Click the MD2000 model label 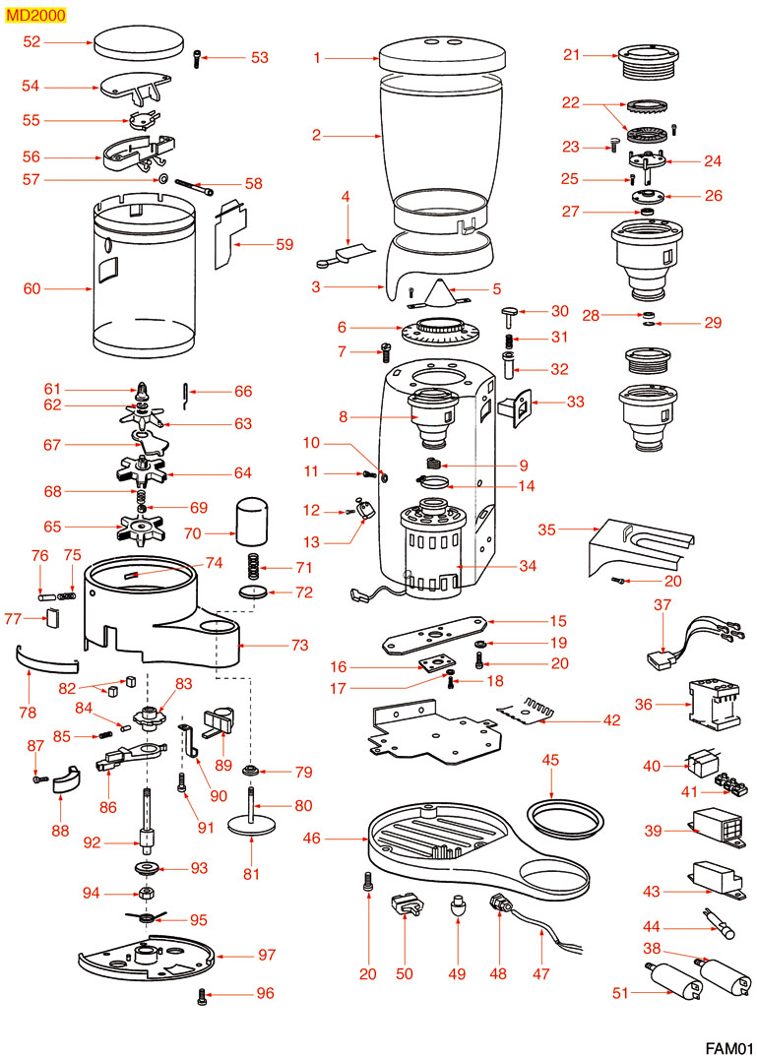tap(32, 14)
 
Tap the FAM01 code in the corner tap(728, 1046)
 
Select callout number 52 tap(32, 42)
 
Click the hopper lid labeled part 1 tap(434, 53)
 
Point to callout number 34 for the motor tap(528, 566)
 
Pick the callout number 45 tap(551, 760)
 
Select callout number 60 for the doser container tap(32, 289)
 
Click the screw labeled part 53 tap(201, 57)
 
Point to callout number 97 tap(267, 956)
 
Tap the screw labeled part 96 tap(202, 996)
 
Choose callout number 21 tap(572, 55)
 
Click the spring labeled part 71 tap(253, 569)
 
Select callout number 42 tap(611, 719)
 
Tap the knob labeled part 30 tap(511, 313)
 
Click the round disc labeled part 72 tap(255, 592)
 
